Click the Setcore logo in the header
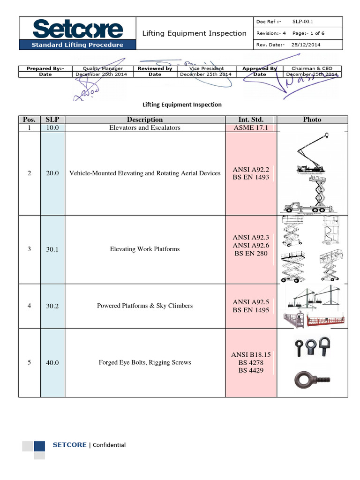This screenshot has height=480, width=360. (x=77, y=29)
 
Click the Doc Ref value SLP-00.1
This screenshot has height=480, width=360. (x=302, y=22)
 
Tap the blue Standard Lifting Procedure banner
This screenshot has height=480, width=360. (x=77, y=45)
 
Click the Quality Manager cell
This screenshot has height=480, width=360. (x=103, y=68)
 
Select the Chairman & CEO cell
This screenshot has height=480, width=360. (x=312, y=68)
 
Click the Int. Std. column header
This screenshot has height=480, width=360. (x=251, y=120)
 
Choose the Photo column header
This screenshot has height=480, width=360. (x=312, y=120)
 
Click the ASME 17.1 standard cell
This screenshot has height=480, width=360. (x=251, y=127)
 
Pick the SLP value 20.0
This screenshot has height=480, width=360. (x=52, y=173)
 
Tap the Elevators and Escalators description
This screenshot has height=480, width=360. (x=144, y=127)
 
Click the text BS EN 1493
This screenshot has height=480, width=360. (x=251, y=178)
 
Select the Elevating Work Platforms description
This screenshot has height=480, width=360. (x=144, y=249)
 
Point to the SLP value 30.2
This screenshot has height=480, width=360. (x=52, y=306)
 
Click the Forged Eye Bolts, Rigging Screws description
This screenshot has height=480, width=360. (x=144, y=362)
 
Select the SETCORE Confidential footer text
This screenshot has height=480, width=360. (x=89, y=445)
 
